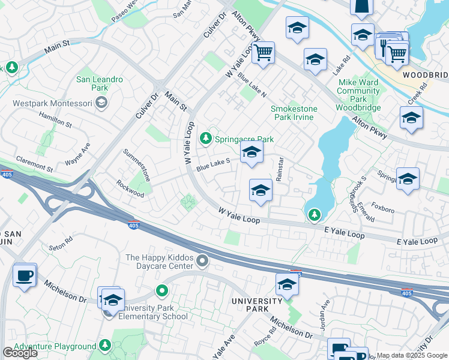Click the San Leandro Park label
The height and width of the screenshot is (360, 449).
[100, 84]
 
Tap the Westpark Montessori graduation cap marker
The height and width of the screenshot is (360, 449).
[101, 102]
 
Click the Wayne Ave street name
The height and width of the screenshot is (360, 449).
[78, 154]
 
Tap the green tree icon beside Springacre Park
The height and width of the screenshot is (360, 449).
[206, 139]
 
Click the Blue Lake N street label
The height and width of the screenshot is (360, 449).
[252, 86]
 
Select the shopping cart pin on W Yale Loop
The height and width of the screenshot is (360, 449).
[263, 53]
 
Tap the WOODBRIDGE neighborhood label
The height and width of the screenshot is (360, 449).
[425, 75]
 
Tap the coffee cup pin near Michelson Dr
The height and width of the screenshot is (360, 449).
[25, 275]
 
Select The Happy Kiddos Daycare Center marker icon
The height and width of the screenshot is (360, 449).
[203, 260]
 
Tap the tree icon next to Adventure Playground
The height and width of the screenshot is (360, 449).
[104, 346]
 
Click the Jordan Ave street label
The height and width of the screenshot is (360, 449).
[325, 313]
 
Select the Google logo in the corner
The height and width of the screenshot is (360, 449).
[20, 353]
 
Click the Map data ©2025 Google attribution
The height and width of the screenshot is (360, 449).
[412, 355]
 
